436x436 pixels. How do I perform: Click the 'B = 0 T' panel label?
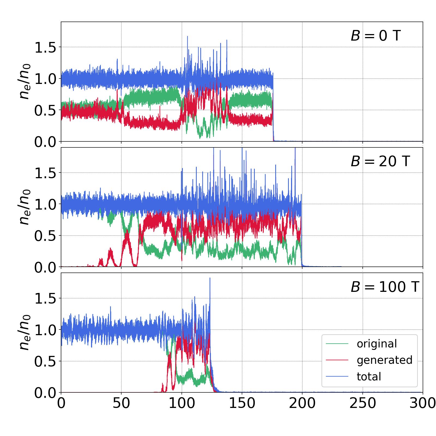(376, 36)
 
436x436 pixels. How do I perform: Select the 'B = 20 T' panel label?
(380, 161)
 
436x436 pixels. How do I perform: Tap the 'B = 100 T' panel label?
(385, 287)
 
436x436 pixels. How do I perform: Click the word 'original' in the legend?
(377, 344)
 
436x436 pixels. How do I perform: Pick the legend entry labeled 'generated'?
(384, 360)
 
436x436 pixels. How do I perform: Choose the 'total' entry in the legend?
(369, 377)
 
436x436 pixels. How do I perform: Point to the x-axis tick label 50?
(121, 403)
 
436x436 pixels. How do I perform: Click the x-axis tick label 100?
(182, 403)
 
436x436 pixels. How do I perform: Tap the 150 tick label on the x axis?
(242, 403)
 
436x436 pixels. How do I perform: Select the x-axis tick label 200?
(302, 403)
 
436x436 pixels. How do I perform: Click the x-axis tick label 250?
(363, 403)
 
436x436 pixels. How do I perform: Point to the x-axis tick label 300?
(422, 403)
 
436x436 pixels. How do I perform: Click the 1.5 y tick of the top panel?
(45, 47)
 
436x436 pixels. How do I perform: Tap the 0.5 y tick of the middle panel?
(45, 236)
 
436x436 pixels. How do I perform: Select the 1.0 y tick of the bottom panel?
(45, 330)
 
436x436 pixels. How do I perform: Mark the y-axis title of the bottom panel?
(25, 332)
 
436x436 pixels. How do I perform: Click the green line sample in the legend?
(337, 344)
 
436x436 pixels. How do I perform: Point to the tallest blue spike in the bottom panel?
(210, 278)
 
